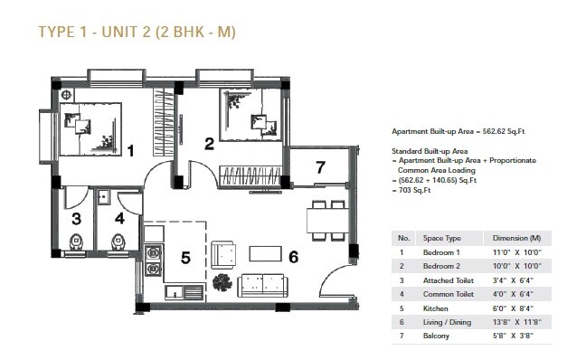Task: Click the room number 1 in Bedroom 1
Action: point(131,151)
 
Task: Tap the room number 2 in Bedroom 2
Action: point(209,143)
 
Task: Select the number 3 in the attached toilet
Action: point(77,218)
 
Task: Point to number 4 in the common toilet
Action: point(119,218)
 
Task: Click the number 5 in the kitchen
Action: point(184,258)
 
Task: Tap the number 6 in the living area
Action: point(293,256)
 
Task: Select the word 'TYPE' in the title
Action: point(57,33)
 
